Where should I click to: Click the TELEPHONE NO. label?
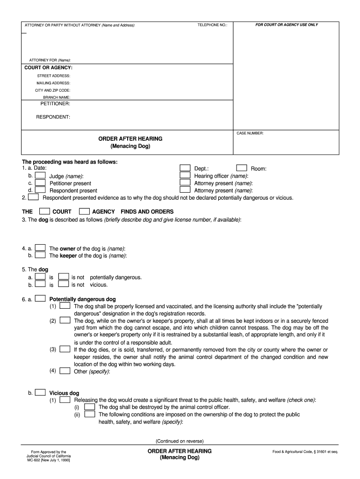click(212, 25)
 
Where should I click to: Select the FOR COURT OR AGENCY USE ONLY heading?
click(286, 24)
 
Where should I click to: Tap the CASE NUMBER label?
click(250, 133)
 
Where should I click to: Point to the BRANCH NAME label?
click(57, 97)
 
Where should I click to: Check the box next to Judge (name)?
click(40, 175)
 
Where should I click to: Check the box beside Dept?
click(185, 168)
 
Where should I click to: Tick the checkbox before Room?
click(241, 168)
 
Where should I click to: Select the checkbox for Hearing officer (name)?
click(185, 175)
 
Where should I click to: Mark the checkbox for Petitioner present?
click(40, 183)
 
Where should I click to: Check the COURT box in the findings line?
click(44, 211)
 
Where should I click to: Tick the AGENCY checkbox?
click(84, 211)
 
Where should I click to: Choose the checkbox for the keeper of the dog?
click(41, 255)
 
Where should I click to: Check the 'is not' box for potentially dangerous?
click(64, 276)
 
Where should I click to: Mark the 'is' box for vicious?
click(41, 284)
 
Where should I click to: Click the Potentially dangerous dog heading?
click(82, 299)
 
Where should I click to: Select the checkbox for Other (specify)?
click(65, 371)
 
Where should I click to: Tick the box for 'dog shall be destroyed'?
click(90, 406)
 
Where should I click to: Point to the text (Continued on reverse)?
click(180, 441)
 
